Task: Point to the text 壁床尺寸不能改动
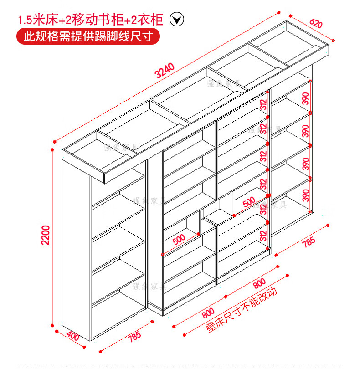242,310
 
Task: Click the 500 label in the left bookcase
179,238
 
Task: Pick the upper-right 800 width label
258,283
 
